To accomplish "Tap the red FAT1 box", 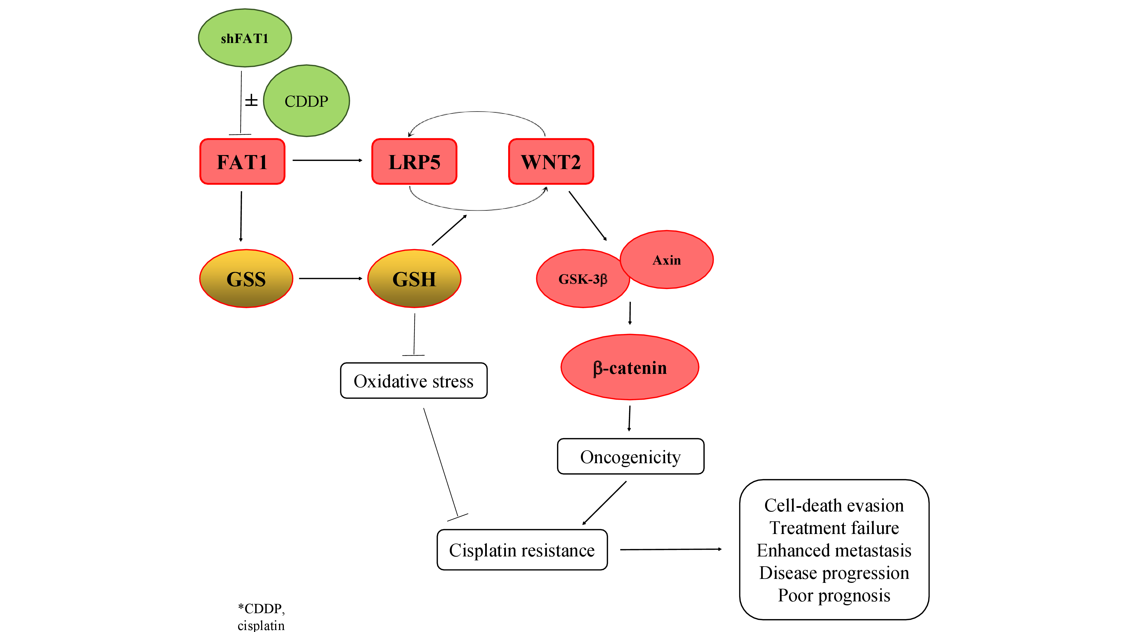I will click(x=242, y=162).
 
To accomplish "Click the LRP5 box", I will click(x=414, y=162).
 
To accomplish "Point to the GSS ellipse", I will click(x=246, y=279).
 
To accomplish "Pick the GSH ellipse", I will click(x=414, y=279).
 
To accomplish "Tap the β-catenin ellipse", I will click(x=629, y=368).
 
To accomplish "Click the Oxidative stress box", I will click(x=413, y=381).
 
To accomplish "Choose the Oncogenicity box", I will click(x=630, y=457).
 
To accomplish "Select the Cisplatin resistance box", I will click(x=522, y=550).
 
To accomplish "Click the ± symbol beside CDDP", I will click(x=251, y=101).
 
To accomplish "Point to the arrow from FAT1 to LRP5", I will click(x=327, y=160).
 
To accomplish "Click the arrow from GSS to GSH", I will click(x=330, y=278).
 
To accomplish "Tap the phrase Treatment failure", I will click(x=834, y=528).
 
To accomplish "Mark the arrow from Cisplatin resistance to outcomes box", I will click(x=670, y=550).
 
